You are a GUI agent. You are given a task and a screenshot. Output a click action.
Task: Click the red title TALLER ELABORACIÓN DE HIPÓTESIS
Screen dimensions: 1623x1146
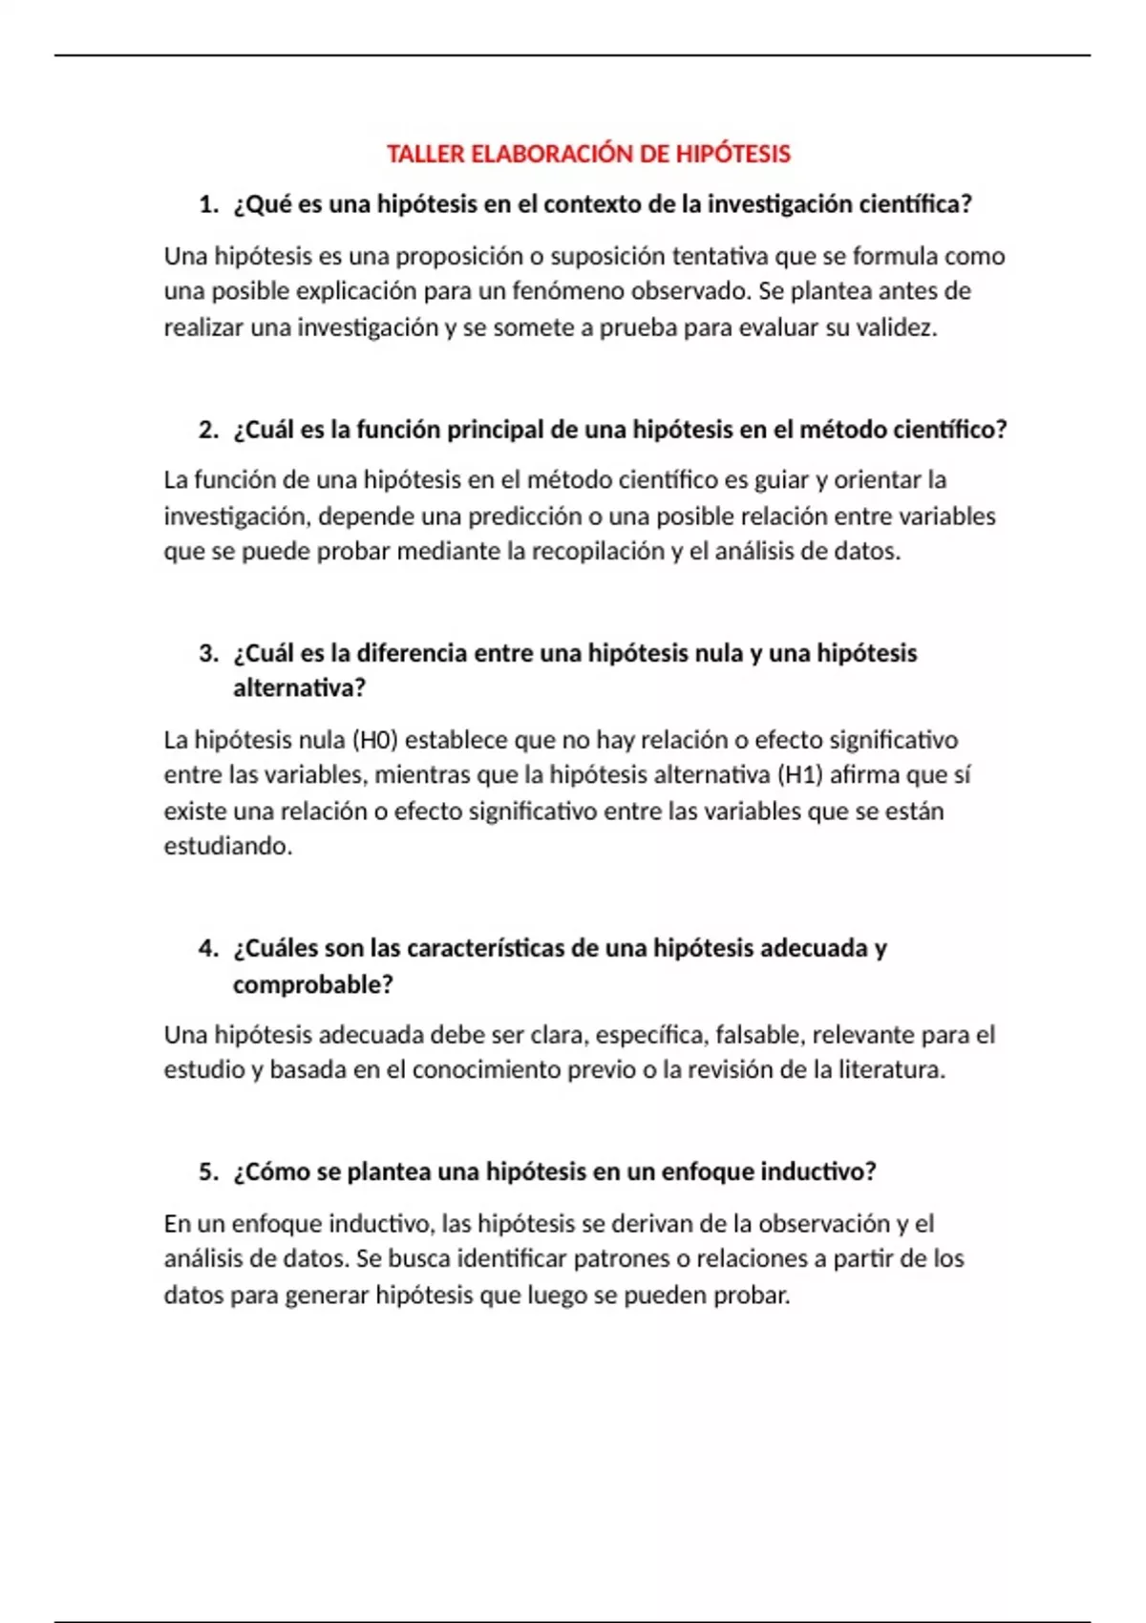pyautogui.click(x=588, y=154)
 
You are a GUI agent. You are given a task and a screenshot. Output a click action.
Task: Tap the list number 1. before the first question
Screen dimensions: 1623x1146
pyautogui.click(x=208, y=204)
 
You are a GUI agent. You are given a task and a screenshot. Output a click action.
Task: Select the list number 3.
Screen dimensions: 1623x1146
pyautogui.click(x=208, y=654)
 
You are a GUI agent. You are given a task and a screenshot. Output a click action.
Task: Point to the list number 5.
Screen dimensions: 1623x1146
pyautogui.click(x=208, y=1172)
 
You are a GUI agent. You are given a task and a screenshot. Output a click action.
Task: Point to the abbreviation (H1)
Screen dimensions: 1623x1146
pyautogui.click(x=800, y=775)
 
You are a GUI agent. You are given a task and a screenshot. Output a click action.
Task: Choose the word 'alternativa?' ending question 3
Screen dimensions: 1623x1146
pyautogui.click(x=299, y=688)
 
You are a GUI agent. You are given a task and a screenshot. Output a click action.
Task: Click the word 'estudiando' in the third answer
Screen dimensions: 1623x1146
pyautogui.click(x=226, y=847)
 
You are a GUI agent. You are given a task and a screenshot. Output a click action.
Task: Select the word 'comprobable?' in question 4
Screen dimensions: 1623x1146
pyautogui.click(x=312, y=984)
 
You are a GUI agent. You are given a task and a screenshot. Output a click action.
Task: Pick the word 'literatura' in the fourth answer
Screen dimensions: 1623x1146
pyautogui.click(x=890, y=1070)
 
